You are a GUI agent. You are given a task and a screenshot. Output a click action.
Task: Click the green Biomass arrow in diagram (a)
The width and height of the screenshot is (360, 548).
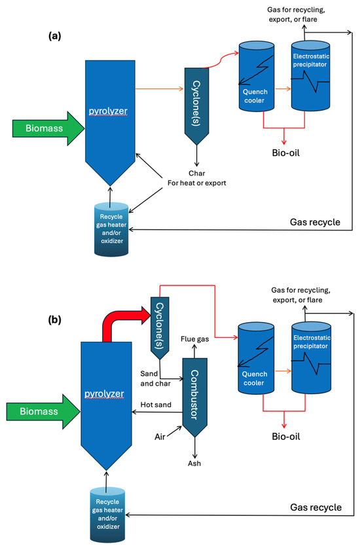coord(48,128)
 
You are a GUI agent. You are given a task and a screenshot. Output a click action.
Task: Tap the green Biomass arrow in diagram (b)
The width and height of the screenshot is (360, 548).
coord(43,411)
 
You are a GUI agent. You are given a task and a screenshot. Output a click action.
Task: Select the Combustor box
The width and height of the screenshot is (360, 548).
coord(195,397)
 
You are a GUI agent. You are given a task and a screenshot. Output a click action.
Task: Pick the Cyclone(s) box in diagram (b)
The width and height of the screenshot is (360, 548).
coord(160,328)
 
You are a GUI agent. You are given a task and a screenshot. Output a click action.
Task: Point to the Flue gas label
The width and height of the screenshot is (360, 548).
coord(194,339)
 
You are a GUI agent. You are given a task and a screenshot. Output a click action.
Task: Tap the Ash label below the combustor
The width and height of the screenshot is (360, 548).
coord(194,464)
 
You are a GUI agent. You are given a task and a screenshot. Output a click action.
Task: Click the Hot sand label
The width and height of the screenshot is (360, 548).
coord(156,405)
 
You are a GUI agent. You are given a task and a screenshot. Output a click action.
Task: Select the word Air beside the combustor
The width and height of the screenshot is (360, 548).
coord(160,437)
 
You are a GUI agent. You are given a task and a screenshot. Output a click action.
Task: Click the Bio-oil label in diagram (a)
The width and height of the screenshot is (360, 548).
coord(286,153)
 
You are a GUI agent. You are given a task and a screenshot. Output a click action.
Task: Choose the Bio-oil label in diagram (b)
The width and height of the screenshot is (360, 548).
coord(286,436)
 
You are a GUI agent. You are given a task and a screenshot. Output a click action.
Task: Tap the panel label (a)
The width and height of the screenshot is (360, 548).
coord(55,35)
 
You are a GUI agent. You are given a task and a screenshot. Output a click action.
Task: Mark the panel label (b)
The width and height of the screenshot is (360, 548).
coord(54,320)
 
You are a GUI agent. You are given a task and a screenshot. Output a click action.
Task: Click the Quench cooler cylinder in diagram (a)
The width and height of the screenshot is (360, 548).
coord(257,76)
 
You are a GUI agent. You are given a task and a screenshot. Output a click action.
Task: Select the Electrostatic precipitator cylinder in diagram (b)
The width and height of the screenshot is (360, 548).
coord(312,358)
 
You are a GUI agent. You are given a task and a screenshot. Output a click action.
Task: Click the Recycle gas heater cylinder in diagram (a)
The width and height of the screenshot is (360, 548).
coord(111,229)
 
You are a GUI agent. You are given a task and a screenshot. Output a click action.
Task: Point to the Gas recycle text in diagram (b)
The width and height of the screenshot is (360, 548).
coord(316,507)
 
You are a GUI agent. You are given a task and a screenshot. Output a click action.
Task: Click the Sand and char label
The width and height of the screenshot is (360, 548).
coord(156,378)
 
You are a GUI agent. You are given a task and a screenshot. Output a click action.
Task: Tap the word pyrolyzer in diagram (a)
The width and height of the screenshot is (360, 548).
coord(108,111)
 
